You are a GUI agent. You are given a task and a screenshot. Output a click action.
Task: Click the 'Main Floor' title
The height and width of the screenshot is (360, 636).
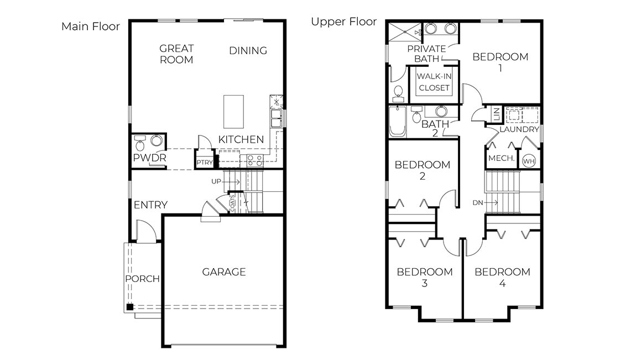click(90, 27)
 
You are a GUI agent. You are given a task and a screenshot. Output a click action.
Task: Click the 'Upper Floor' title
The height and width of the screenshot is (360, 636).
click(343, 22)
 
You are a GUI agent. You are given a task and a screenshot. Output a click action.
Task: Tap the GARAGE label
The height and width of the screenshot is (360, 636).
click(223, 272)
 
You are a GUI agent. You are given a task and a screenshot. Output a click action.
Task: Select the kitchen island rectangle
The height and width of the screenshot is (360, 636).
click(233, 111)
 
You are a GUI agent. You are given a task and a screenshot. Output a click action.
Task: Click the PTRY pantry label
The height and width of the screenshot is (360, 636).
click(204, 163)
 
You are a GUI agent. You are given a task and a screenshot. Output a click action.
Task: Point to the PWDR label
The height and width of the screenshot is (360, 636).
click(149, 159)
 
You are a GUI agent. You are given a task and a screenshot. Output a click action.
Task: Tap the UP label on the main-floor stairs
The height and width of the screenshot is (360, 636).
click(216, 181)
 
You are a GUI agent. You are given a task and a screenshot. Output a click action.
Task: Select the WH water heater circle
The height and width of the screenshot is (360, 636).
click(529, 160)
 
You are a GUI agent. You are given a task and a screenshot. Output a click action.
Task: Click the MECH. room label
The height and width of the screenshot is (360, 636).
click(501, 159)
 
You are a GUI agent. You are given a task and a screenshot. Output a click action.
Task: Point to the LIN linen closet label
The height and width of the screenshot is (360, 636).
click(496, 115)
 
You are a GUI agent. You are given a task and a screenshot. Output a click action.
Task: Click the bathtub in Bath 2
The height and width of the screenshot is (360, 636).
click(398, 122)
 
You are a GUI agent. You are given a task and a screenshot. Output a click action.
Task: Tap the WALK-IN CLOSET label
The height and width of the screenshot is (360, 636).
click(434, 82)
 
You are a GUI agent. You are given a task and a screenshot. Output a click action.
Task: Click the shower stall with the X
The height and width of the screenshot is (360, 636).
click(403, 33)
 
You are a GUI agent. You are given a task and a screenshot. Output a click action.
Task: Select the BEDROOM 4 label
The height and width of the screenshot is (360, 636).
click(502, 277)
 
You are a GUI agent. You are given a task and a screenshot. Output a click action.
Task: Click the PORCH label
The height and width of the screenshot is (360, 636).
click(142, 279)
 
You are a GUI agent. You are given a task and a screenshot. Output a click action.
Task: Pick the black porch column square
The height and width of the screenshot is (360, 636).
click(129, 307)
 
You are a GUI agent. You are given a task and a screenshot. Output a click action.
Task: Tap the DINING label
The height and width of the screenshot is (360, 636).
click(248, 50)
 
